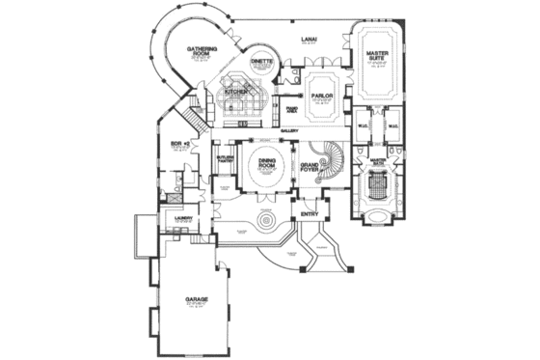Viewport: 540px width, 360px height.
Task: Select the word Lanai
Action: tap(309, 39)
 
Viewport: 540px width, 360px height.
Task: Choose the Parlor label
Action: tap(321, 96)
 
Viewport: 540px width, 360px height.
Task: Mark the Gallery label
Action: tap(288, 129)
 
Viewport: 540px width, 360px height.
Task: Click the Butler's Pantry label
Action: tap(226, 159)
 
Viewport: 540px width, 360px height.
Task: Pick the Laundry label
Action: tap(184, 219)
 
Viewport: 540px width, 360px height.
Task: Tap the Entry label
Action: tap(310, 212)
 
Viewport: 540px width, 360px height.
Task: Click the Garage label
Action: tap(198, 300)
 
